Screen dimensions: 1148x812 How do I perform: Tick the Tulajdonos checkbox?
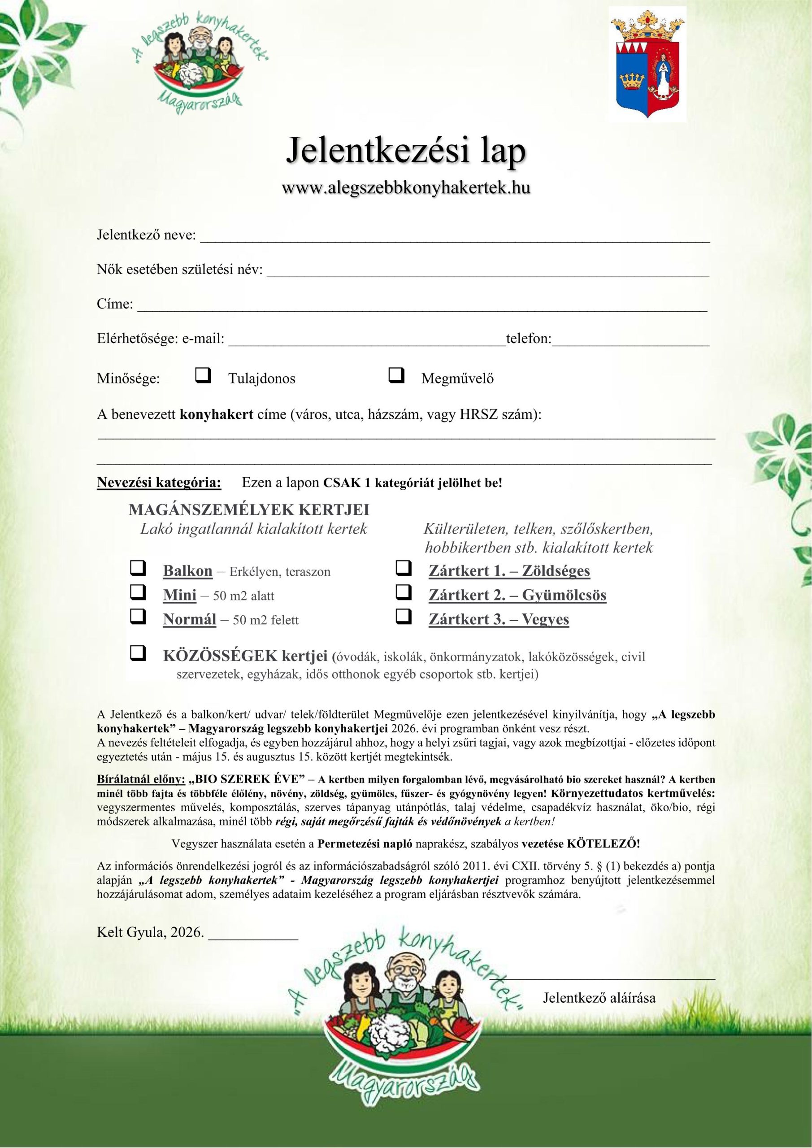point(203,375)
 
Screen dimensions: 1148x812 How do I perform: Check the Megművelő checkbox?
point(396,375)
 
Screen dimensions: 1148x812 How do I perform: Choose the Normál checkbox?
point(138,617)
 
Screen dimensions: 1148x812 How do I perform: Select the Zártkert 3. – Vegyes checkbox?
point(403,617)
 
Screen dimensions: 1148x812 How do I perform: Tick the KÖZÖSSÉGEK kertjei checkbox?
point(138,653)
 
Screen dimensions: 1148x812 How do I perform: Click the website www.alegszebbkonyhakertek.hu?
point(406,188)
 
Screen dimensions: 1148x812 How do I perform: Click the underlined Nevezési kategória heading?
point(159,483)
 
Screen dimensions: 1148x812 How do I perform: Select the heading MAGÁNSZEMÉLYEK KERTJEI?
point(249,510)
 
